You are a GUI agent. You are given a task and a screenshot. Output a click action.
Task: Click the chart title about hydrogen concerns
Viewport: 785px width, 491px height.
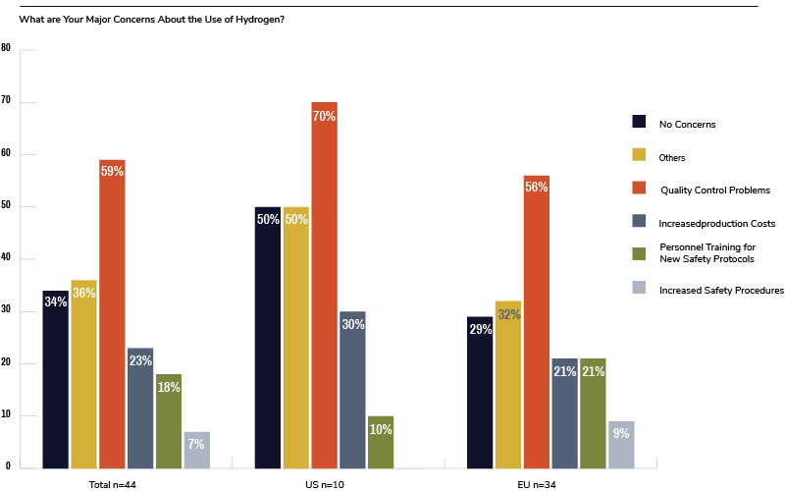click(152, 21)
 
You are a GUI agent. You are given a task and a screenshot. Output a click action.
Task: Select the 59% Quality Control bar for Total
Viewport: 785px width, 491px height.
click(112, 313)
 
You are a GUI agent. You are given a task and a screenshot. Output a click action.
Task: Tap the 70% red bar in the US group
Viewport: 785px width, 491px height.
click(324, 285)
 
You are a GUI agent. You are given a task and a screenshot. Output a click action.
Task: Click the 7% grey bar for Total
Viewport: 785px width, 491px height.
click(196, 450)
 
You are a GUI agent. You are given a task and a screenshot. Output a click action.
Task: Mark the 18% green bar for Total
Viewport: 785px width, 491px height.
click(169, 421)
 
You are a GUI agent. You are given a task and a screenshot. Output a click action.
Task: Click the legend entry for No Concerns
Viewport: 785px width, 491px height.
click(687, 124)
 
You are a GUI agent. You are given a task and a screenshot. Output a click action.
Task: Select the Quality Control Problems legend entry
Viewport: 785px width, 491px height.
click(714, 190)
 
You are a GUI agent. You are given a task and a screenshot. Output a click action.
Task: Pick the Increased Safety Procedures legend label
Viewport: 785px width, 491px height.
click(721, 290)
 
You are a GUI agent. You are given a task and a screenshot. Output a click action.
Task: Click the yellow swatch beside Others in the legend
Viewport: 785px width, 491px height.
click(639, 155)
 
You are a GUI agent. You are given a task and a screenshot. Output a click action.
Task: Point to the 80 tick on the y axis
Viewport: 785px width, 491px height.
click(6, 48)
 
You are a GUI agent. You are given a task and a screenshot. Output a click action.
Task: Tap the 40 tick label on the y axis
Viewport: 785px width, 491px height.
click(6, 258)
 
